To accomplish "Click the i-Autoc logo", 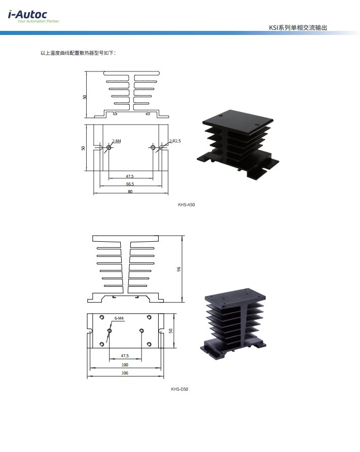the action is click(28, 15).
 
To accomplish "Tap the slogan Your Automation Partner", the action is click(38, 21).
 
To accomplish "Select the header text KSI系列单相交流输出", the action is click(298, 28).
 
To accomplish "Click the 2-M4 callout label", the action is click(117, 141).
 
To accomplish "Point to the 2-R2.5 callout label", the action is click(175, 141).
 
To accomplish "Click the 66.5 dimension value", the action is click(130, 184).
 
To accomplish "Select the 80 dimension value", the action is click(130, 192).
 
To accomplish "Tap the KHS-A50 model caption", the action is click(187, 205).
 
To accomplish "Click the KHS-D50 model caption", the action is click(179, 389).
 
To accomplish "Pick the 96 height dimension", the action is click(179, 269).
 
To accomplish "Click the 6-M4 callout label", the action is click(119, 318).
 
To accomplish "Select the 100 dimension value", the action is click(125, 365).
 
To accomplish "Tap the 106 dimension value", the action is click(125, 373).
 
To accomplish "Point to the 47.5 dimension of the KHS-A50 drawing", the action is click(130, 176).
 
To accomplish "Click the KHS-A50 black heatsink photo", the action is click(238, 144).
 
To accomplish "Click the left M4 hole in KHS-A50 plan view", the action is click(109, 147).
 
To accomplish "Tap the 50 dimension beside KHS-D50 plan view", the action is click(171, 331).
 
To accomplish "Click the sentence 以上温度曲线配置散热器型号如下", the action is click(78, 53).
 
